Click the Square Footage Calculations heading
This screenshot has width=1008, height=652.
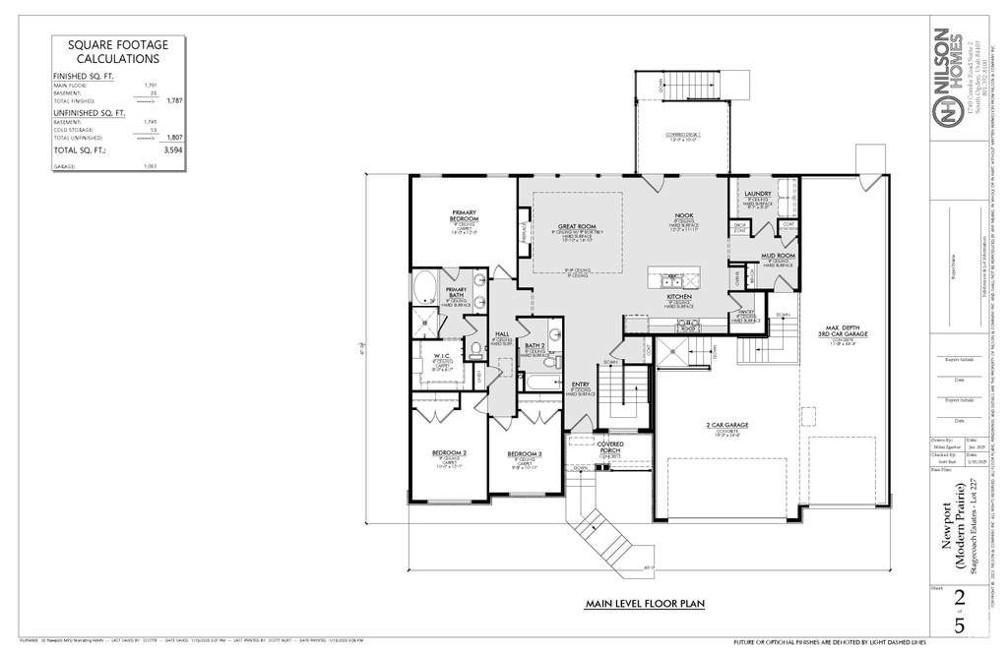[x=117, y=51]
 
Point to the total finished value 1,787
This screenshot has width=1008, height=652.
[x=175, y=101]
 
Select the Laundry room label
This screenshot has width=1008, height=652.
[x=757, y=194]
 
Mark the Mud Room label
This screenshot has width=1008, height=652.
[x=778, y=256]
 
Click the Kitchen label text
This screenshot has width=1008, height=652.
[x=680, y=296]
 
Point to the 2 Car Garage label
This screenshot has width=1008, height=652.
[x=726, y=425]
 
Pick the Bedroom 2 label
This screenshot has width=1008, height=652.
[x=448, y=452]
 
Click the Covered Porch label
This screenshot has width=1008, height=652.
[x=610, y=447]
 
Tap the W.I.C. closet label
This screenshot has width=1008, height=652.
[x=441, y=355]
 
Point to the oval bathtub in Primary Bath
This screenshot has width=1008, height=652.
[x=424, y=287]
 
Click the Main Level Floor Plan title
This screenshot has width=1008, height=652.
[x=644, y=604]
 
